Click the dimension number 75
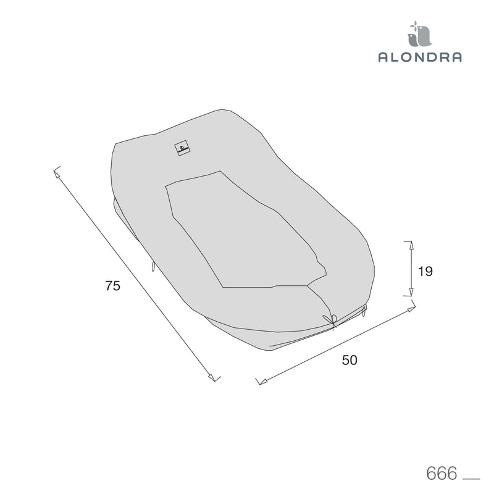tap(113, 286)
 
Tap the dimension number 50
tap(350, 360)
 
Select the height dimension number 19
tap(425, 271)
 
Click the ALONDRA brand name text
tap(420, 57)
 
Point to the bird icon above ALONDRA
tap(420, 36)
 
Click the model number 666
tap(442, 473)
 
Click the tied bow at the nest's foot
tap(331, 320)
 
